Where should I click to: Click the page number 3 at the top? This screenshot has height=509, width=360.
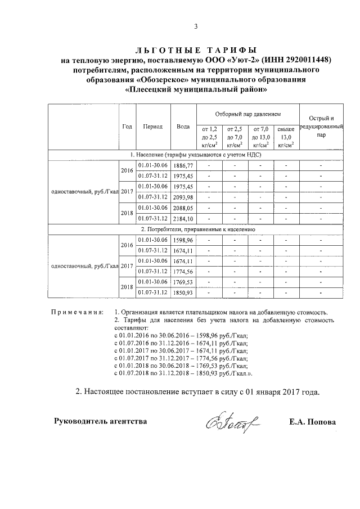pos(196,25)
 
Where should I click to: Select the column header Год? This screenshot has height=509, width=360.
pos(127,127)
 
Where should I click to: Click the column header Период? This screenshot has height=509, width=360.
pos(152,127)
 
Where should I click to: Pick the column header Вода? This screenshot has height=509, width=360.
pos(183,127)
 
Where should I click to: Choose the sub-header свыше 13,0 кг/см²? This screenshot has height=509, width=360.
pos(286,137)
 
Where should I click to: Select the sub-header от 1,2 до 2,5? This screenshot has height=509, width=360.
pos(209,137)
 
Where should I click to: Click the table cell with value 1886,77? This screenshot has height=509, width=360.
pos(183,165)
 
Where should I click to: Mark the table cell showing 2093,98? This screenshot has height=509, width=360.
pos(183,197)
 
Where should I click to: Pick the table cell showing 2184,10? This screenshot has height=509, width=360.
pos(183,218)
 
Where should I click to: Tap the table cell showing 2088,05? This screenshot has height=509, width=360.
pos(183,208)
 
